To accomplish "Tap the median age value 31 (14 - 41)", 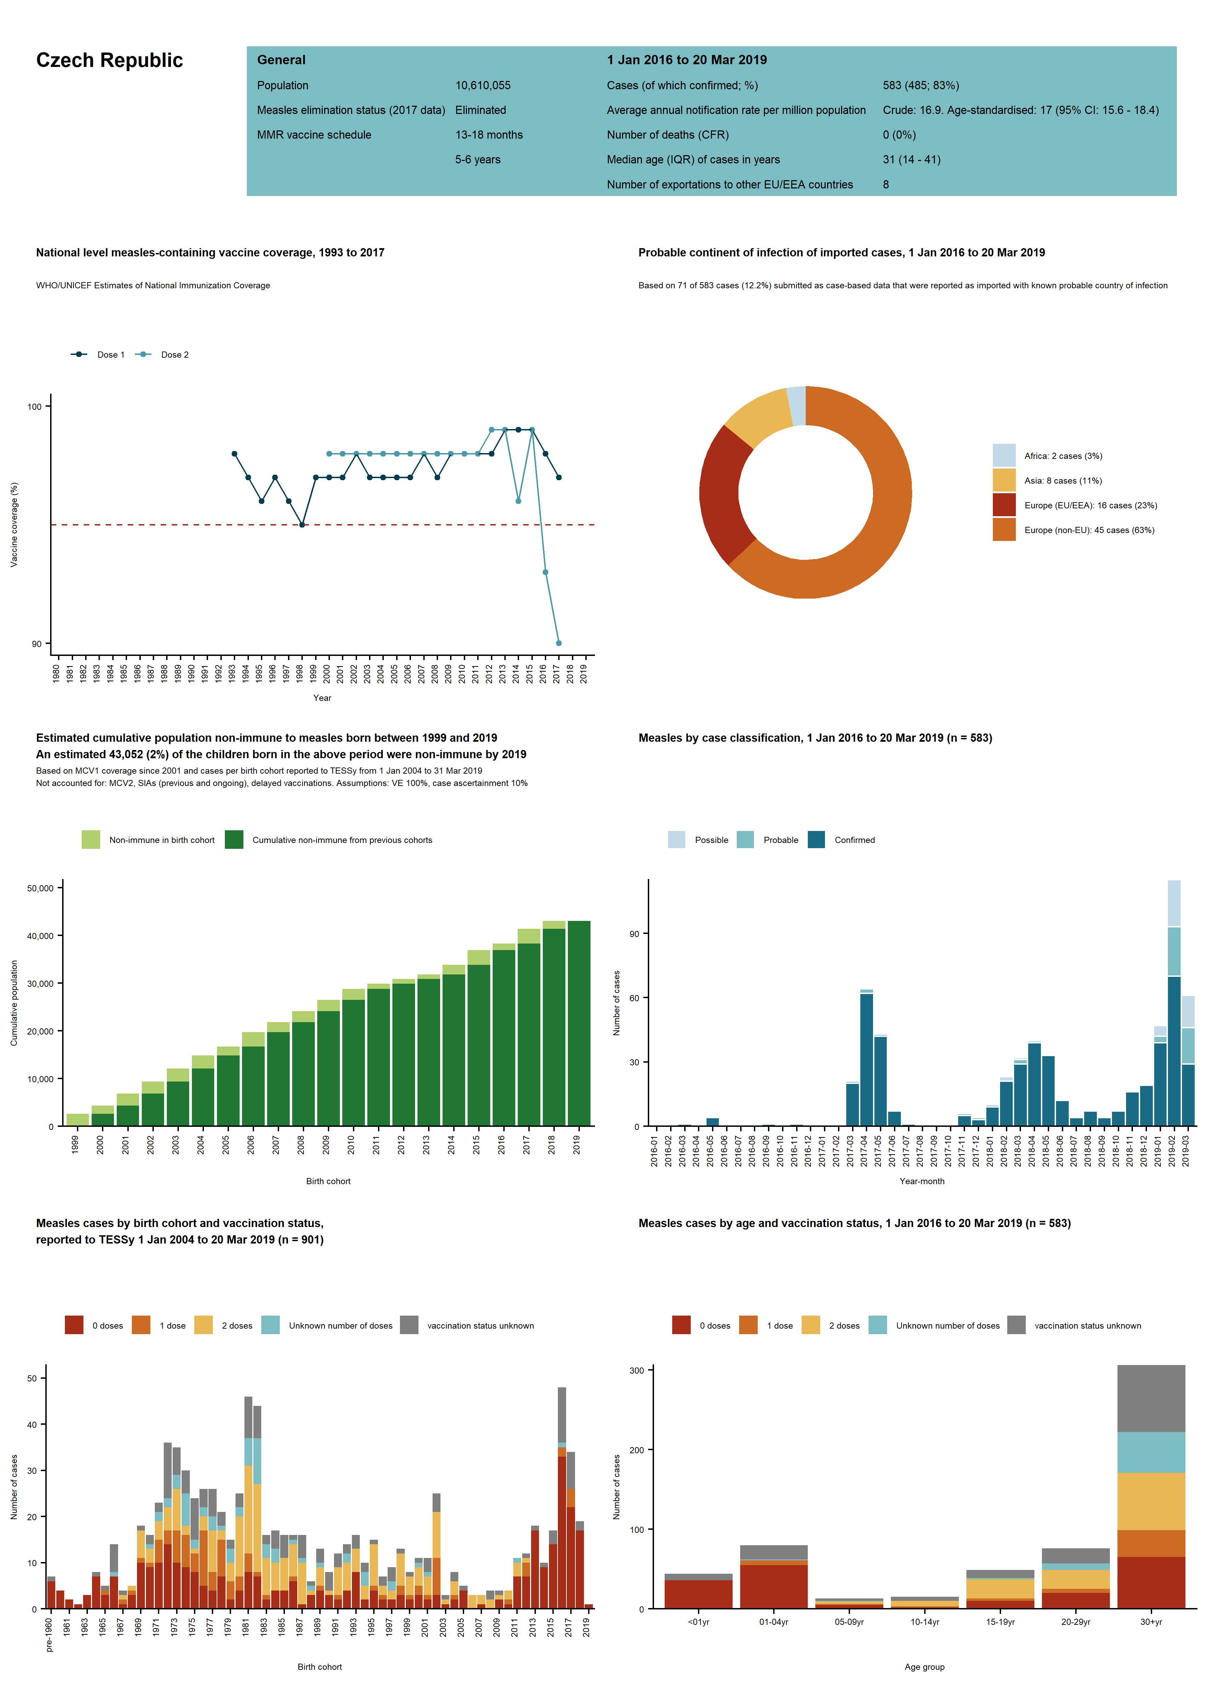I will pyautogui.click(x=911, y=160).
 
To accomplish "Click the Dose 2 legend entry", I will pyautogui.click(x=174, y=355).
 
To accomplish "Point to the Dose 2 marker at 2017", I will pyautogui.click(x=559, y=643).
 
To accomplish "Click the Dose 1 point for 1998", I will pyautogui.click(x=302, y=524).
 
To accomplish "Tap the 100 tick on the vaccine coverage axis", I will pyautogui.click(x=34, y=407).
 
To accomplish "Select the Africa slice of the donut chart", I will pyautogui.click(x=796, y=406).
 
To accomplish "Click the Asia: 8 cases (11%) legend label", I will pyautogui.click(x=1063, y=481).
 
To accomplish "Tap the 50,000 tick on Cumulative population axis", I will pyautogui.click(x=40, y=888).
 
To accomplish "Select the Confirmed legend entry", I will pyautogui.click(x=854, y=840).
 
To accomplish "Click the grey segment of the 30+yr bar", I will pyautogui.click(x=1151, y=1399).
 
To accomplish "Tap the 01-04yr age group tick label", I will pyautogui.click(x=773, y=1622).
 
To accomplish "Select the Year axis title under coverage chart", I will pyautogui.click(x=322, y=698).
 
